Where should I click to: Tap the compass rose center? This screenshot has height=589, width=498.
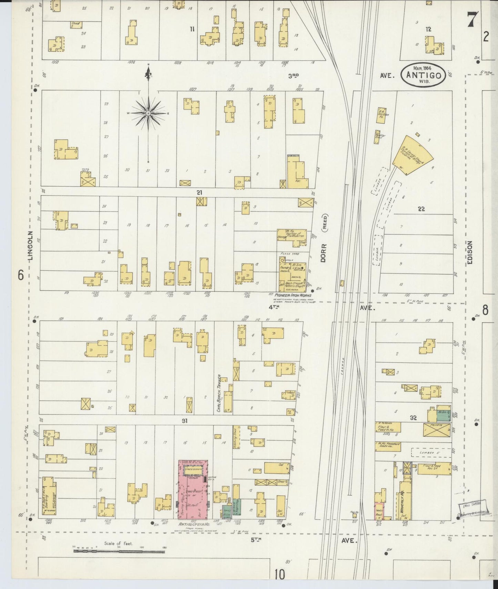(148, 113)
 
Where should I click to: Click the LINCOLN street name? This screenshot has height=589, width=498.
(31, 245)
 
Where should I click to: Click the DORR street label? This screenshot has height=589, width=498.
(323, 254)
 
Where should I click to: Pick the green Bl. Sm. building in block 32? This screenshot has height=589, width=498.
(444, 415)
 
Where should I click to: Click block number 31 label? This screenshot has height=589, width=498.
(184, 421)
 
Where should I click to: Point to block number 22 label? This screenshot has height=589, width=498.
(421, 209)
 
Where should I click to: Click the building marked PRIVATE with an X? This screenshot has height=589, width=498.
(437, 430)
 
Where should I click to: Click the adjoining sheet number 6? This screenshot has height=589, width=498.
(21, 276)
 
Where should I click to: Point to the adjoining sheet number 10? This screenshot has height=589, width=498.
(280, 574)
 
